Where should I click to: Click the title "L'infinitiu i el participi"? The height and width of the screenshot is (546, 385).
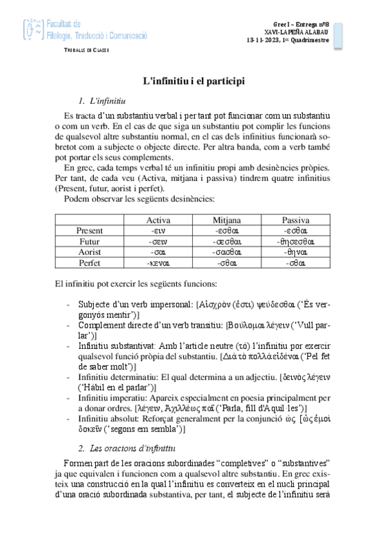192,82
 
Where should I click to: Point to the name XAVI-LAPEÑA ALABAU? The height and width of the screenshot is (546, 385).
296,32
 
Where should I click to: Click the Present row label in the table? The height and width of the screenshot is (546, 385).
89,231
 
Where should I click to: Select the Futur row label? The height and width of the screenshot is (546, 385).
89,241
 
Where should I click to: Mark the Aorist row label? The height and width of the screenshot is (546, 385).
89,252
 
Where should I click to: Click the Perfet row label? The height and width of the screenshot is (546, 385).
89,263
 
